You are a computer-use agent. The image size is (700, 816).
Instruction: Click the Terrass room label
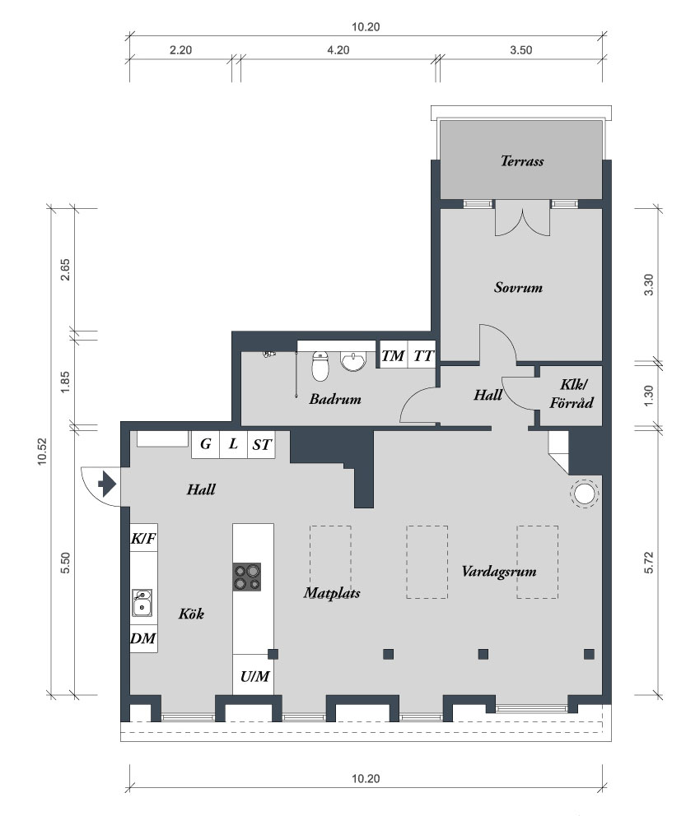coord(522,161)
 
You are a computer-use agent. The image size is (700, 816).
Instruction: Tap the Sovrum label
coord(518,288)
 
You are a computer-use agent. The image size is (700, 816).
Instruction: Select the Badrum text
coord(335,399)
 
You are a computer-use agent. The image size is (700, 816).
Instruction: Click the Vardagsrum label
coord(499,572)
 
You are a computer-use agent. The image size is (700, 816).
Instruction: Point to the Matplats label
coord(332,593)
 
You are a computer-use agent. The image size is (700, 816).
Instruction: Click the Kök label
coord(191,614)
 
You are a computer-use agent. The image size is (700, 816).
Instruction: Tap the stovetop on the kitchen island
coord(247,577)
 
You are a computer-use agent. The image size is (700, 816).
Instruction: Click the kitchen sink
coord(142,603)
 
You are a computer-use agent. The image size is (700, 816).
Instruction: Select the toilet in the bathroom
coord(320,366)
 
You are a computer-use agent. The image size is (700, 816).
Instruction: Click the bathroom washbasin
coord(354,361)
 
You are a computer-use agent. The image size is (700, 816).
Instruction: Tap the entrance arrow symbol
coord(107,484)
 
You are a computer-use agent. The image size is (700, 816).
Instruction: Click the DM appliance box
coord(143,638)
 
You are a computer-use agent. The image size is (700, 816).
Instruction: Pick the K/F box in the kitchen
coord(143,538)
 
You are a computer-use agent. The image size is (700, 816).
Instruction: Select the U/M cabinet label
coord(254,676)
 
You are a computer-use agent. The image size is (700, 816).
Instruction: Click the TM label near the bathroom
coord(393,356)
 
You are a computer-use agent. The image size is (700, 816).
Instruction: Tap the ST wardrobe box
coord(261,444)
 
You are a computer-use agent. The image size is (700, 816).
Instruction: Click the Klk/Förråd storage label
coord(572,393)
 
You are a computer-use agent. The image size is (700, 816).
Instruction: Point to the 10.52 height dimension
coord(42,452)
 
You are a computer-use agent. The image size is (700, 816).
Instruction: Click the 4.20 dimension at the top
coord(338,50)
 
